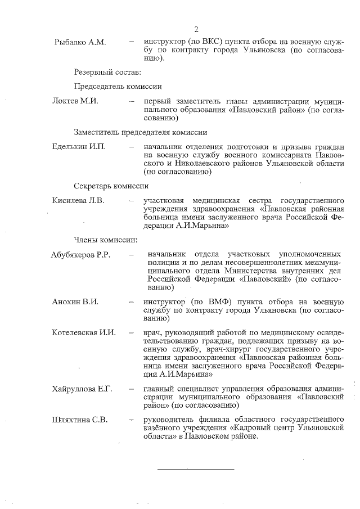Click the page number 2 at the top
(196, 30)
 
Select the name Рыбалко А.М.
(77, 42)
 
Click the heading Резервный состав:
(107, 71)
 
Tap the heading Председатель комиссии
(118, 87)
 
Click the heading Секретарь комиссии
(111, 186)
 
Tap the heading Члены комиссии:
(105, 240)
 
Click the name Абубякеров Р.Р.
(80, 255)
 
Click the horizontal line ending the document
(195, 469)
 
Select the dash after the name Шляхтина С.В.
(131, 420)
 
